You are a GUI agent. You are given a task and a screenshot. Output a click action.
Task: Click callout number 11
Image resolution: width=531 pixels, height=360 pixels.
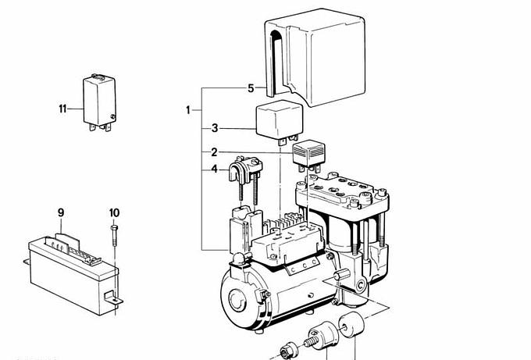click(x=62, y=108)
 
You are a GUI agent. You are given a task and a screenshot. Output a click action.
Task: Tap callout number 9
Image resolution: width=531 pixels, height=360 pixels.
click(x=60, y=212)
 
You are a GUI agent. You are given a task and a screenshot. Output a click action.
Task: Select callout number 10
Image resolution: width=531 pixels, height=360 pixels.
click(x=114, y=212)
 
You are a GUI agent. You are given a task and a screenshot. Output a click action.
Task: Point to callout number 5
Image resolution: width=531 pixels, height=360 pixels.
click(x=251, y=89)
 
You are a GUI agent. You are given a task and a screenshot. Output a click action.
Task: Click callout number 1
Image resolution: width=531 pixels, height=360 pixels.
click(x=188, y=110)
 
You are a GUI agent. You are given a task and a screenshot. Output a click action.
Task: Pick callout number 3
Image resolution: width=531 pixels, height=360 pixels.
click(x=215, y=128)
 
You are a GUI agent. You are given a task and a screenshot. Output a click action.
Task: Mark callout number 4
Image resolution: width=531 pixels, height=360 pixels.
click(x=215, y=168)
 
